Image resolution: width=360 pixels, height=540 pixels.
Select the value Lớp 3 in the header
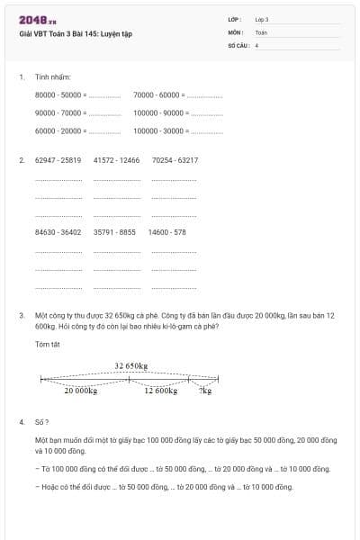(262, 19)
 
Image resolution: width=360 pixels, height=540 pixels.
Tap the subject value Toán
(261, 31)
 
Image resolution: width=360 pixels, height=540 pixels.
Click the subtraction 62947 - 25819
(58, 160)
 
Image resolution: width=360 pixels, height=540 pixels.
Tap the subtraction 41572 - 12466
(116, 160)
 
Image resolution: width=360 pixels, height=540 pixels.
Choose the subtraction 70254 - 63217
(175, 160)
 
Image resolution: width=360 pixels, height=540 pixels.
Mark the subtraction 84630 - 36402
(58, 232)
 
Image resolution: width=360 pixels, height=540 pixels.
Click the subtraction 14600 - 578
(166, 232)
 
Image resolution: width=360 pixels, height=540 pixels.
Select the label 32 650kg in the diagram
(131, 365)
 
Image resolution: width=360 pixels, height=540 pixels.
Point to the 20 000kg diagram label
(80, 391)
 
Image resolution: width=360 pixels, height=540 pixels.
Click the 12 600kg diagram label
(161, 391)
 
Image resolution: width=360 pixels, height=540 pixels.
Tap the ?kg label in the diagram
(206, 391)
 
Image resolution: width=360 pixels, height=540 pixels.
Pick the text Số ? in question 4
(41, 421)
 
